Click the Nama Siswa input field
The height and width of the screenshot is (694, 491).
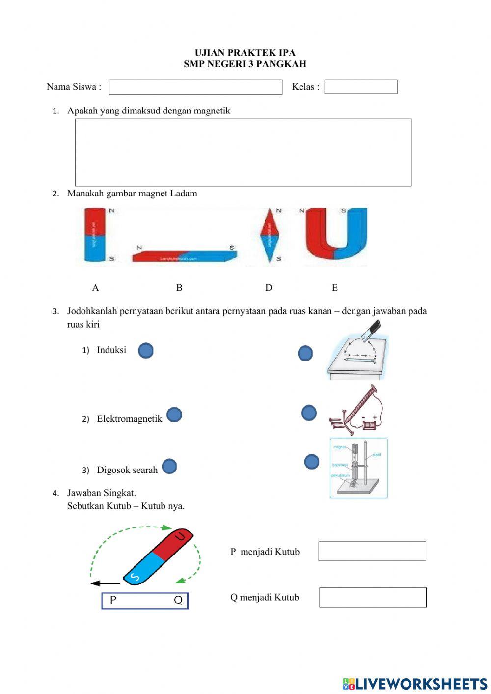point(195,87)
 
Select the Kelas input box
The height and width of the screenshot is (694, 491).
point(360,87)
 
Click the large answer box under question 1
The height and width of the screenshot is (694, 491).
point(243,152)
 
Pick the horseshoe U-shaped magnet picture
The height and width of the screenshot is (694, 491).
point(336,234)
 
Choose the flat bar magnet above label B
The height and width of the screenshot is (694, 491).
point(184,255)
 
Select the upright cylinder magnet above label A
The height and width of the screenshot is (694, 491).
point(95,235)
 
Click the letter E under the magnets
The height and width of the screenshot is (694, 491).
point(335,288)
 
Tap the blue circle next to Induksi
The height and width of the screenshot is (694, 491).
point(146,351)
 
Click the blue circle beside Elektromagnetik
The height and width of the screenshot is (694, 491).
point(174,415)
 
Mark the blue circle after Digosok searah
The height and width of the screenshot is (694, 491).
point(169,467)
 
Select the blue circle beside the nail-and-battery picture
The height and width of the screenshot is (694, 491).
point(309,413)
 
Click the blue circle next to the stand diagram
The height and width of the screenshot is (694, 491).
point(312,462)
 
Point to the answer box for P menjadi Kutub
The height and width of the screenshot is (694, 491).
point(372,552)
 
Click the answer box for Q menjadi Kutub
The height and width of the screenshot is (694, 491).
point(373,597)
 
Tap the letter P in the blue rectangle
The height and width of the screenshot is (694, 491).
point(113,600)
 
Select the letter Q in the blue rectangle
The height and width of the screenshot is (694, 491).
point(178,600)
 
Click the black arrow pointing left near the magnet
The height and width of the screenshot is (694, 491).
point(105,583)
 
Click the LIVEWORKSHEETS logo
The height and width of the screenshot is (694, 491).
point(415,684)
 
